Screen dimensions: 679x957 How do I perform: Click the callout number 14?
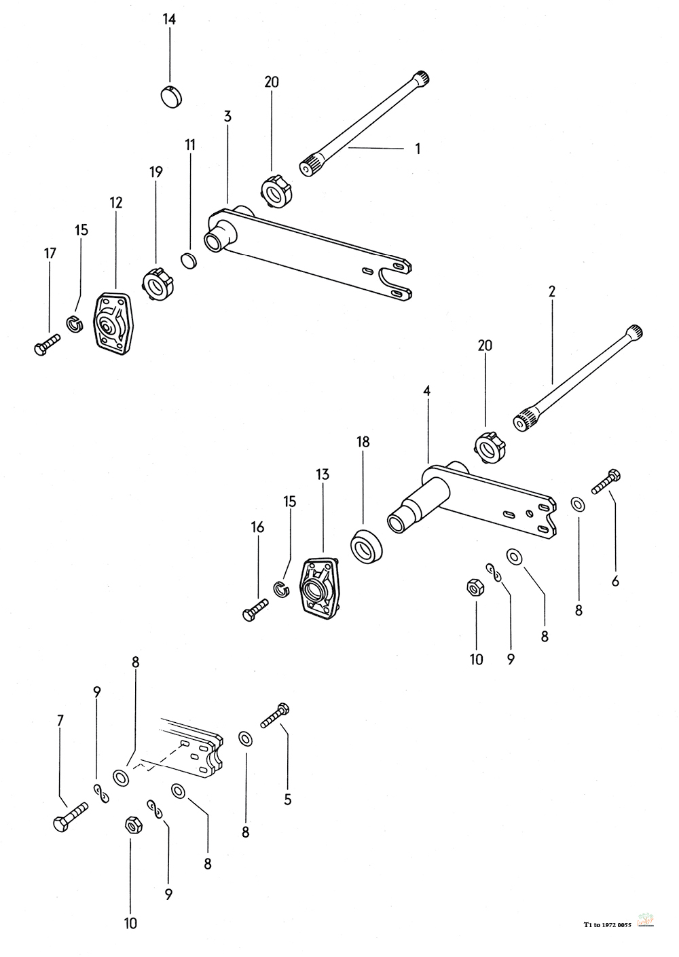point(169,20)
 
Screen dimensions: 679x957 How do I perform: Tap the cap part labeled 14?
point(171,96)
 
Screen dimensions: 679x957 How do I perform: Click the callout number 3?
point(227,116)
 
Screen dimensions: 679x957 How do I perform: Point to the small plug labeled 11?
point(187,261)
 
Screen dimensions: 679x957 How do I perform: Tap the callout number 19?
point(156,172)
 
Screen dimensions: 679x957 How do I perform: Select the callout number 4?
point(427,390)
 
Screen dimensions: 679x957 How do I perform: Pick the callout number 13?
point(323,474)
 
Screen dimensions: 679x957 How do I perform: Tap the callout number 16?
point(257,527)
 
